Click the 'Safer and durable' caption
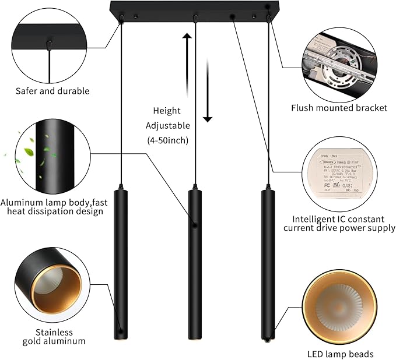pos(52,91)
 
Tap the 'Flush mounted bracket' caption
pos(339,108)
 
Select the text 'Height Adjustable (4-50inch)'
pos(167,125)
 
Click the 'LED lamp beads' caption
pos(341,354)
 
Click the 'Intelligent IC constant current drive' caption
pos(339,224)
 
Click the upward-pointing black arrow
pos(187,52)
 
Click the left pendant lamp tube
pos(121,262)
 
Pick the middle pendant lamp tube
pos(195,262)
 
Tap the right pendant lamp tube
pos(267,262)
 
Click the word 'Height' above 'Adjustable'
pos(167,111)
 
